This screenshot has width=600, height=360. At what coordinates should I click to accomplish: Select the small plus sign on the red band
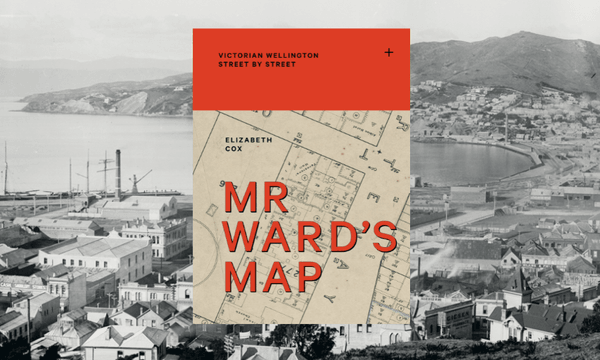point(388,51)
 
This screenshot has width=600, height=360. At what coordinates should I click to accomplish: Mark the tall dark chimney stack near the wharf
point(117,174)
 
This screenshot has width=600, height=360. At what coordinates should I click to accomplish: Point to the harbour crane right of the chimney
point(138,180)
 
